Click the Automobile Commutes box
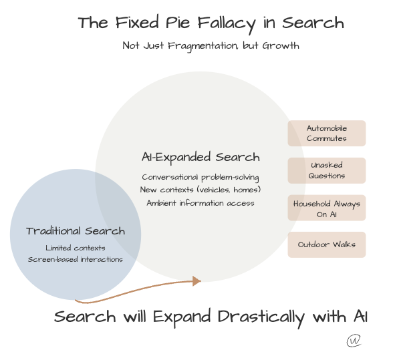[x=327, y=133]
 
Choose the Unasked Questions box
[x=327, y=170]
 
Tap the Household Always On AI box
[x=327, y=208]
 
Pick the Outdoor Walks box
[x=327, y=244]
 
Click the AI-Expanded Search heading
[x=201, y=158]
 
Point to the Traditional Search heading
[x=76, y=231]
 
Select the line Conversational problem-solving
[x=201, y=178]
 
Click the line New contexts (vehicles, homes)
[x=201, y=190]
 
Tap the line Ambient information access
[x=201, y=203]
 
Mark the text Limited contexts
[x=76, y=248]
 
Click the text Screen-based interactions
[x=76, y=259]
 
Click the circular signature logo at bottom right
[x=354, y=341]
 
